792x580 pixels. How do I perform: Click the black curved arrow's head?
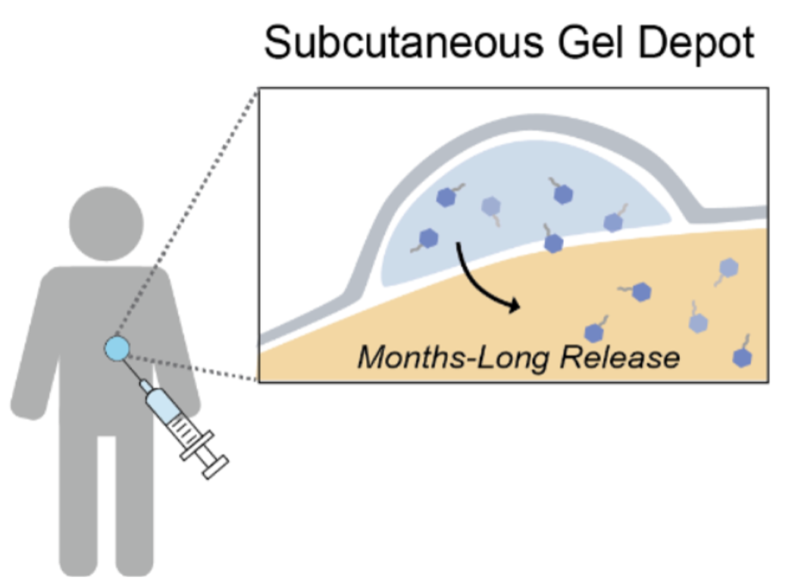pyautogui.click(x=515, y=306)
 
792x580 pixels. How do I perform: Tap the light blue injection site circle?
pyautogui.click(x=118, y=348)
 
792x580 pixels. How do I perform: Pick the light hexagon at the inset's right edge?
pyautogui.click(x=728, y=268)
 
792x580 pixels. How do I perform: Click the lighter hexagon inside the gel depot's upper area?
pyautogui.click(x=491, y=205)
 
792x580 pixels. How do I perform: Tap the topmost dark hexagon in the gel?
pyautogui.click(x=562, y=194)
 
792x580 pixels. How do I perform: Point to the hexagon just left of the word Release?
pyautogui.click(x=593, y=332)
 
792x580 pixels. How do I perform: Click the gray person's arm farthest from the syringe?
pyautogui.click(x=34, y=364)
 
